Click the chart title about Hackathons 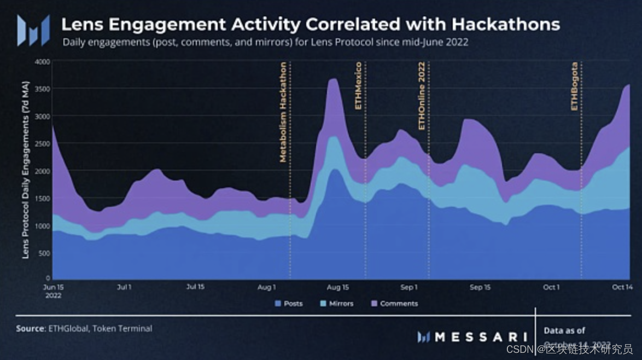coord(310,24)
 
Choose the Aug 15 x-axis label coord(337,287)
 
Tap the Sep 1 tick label coord(409,287)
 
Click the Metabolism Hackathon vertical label coord(283,113)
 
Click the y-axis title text coord(26,170)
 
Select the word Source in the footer coord(30,329)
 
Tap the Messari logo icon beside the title coord(33,30)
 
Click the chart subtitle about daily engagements coord(265,42)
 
